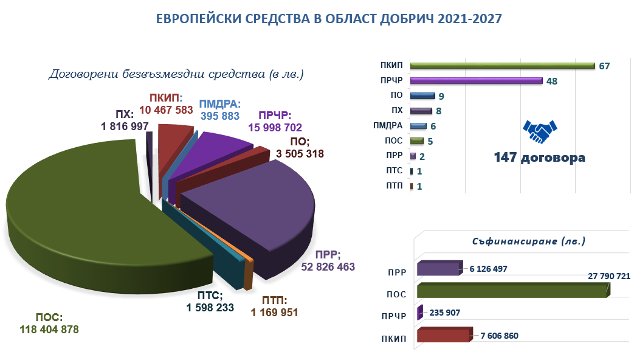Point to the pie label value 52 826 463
pos(328,266)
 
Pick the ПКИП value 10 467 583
pos(166,109)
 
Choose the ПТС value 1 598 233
pos(214,308)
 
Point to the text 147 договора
pos(539,157)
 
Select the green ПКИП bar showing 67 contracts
pos(502,66)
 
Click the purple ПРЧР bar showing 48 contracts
pos(476,80)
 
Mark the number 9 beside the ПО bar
pos(441,95)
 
